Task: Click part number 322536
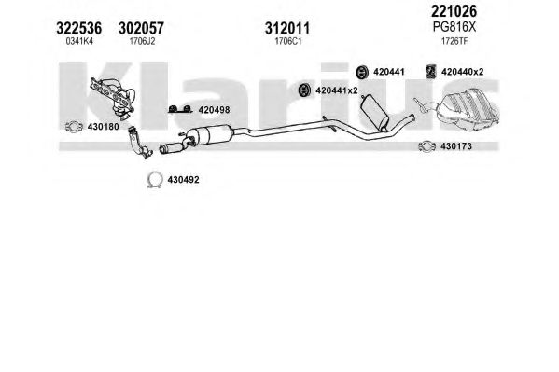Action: tap(78, 28)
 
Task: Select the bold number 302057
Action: tap(141, 28)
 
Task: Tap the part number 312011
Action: tap(287, 28)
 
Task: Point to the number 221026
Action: tap(454, 11)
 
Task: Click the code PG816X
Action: tap(454, 27)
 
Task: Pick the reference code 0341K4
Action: tap(79, 41)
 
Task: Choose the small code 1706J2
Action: tap(142, 41)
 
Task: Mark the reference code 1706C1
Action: tap(288, 41)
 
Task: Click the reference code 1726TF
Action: tap(454, 41)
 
